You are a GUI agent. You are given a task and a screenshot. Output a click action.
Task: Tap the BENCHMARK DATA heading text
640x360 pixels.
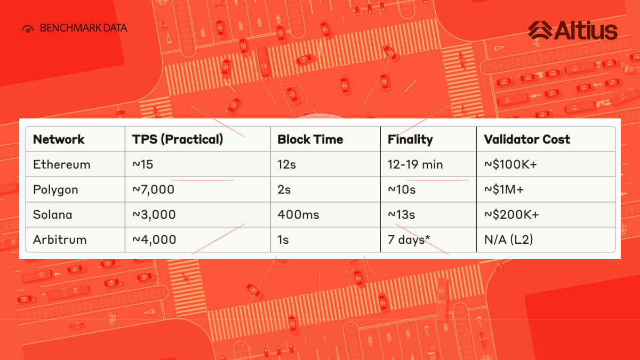point(83,28)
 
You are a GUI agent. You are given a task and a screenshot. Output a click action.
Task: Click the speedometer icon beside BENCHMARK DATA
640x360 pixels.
point(28,29)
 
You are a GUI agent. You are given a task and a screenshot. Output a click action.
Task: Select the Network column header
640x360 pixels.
point(59,139)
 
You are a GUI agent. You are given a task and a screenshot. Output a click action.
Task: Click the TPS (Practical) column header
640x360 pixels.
point(178,139)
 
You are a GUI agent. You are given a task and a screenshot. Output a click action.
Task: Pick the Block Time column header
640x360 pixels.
point(310,139)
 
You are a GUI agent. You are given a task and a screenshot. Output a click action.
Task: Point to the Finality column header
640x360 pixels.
point(410,140)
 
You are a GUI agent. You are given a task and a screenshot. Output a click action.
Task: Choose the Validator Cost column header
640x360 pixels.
point(527,139)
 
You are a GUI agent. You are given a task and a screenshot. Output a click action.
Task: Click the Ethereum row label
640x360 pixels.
point(62,165)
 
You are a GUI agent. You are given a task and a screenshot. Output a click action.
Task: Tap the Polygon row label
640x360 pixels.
point(55,190)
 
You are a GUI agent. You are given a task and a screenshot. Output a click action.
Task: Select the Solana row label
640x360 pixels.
point(53,214)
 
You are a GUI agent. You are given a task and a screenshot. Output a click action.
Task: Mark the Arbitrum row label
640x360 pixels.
point(60,239)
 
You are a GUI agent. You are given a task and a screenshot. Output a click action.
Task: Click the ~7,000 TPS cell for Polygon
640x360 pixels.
point(154,190)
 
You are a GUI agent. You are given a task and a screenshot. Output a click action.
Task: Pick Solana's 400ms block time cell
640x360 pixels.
point(298,214)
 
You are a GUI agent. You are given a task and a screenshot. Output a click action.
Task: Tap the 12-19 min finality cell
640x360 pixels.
point(415,165)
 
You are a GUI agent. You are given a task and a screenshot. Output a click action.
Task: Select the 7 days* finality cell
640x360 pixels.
point(409,240)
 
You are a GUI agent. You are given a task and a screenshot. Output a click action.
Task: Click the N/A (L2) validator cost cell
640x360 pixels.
point(509,239)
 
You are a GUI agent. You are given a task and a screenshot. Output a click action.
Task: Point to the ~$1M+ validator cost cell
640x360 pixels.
point(504,190)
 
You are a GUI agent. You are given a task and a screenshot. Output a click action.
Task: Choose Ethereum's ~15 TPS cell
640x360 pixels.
point(142,165)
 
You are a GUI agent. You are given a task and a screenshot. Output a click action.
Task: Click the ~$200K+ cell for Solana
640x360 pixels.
point(511,214)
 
